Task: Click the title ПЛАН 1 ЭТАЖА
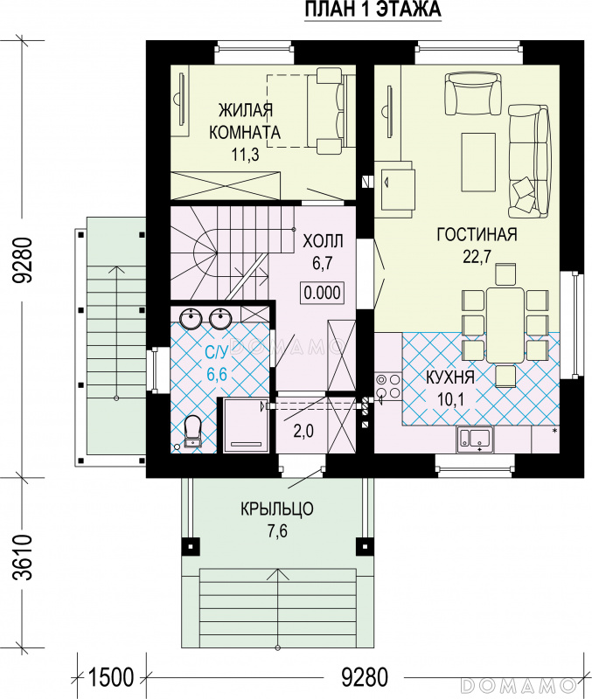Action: pyautogui.click(x=373, y=10)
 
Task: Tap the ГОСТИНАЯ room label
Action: pyautogui.click(x=477, y=234)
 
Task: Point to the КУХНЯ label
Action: pyautogui.click(x=450, y=377)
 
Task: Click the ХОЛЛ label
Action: pyautogui.click(x=323, y=241)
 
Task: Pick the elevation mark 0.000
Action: pyautogui.click(x=323, y=293)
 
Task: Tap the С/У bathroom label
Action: pyautogui.click(x=217, y=352)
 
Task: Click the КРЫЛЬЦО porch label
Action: pyautogui.click(x=277, y=509)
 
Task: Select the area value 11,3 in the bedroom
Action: pyautogui.click(x=245, y=155)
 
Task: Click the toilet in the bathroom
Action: pyautogui.click(x=192, y=431)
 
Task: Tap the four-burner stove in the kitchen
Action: pyautogui.click(x=388, y=386)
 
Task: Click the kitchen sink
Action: pyautogui.click(x=474, y=439)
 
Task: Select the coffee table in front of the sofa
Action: pyautogui.click(x=479, y=163)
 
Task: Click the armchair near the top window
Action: pyautogui.click(x=472, y=94)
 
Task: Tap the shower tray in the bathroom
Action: pyautogui.click(x=246, y=425)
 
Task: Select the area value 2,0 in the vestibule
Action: pyautogui.click(x=303, y=431)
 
